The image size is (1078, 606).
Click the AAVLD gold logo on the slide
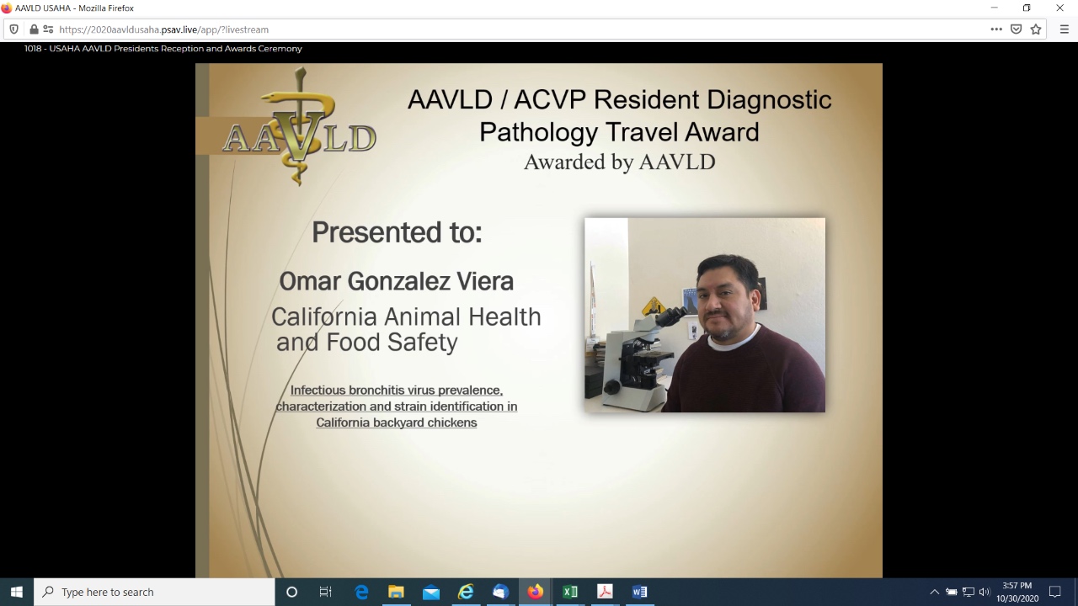coord(299,127)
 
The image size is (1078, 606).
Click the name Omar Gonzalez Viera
coord(397,281)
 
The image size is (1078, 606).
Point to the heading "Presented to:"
coord(397,232)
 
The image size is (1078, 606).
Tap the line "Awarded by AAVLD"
coord(619,162)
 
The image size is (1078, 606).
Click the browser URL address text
coord(163,29)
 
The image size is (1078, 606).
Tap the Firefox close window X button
coord(1059,8)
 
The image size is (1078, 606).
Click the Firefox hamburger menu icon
coord(1064,29)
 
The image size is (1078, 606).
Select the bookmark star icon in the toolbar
coord(1036,29)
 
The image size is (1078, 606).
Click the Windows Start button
coord(16,592)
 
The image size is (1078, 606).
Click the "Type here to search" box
coord(154,592)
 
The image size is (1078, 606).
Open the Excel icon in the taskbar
coord(570,592)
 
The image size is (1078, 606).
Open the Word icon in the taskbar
coord(639,592)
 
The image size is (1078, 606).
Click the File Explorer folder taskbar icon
coord(396,592)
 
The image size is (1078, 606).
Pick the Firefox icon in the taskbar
coord(535,592)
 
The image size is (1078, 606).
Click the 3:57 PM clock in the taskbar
coord(1017,585)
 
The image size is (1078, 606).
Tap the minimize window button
coord(995,8)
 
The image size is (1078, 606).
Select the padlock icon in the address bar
coord(34,29)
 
